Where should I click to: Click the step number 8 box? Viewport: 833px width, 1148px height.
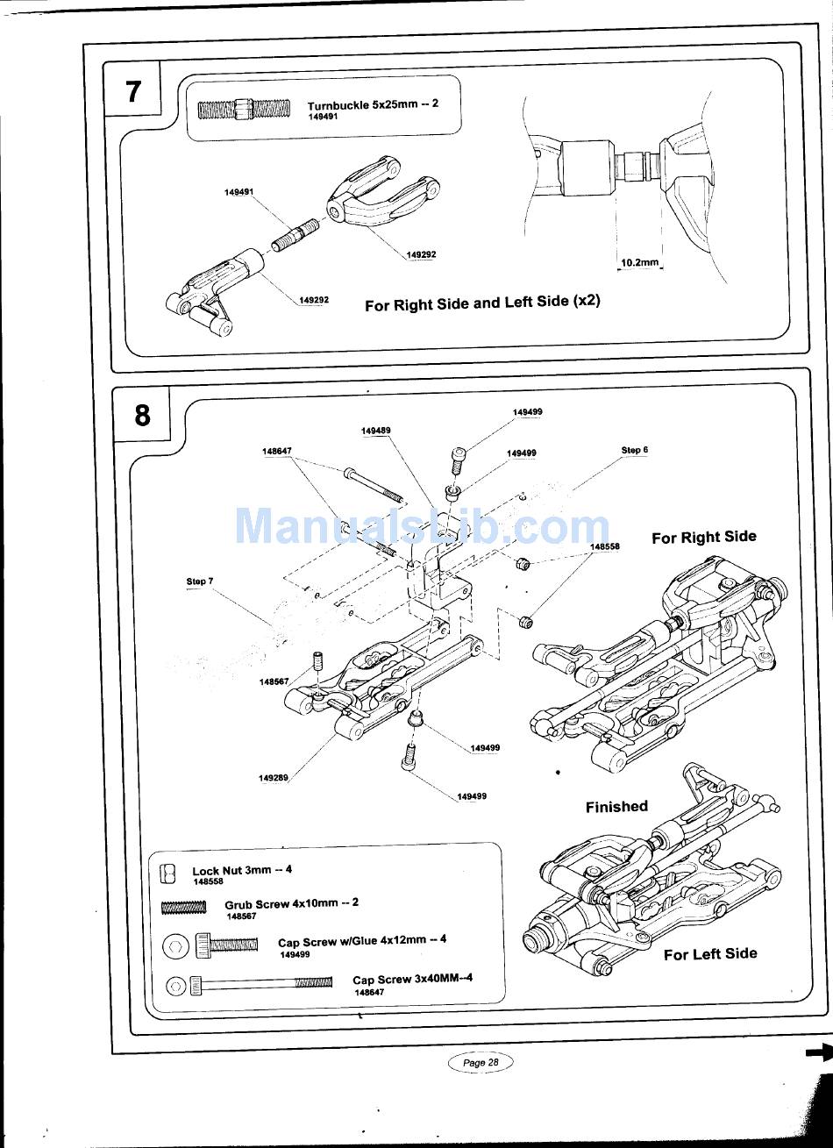click(x=142, y=415)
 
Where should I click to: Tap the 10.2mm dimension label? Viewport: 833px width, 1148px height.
click(x=639, y=263)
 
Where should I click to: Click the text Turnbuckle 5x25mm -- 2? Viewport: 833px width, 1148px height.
click(x=373, y=104)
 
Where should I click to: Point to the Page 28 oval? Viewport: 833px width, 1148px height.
click(x=480, y=1062)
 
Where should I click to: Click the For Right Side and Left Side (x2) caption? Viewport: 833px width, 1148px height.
click(x=482, y=303)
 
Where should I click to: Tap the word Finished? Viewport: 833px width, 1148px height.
click(x=616, y=807)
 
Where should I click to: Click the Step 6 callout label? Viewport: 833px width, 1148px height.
click(x=634, y=450)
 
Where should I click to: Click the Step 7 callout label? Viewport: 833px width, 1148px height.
click(x=200, y=581)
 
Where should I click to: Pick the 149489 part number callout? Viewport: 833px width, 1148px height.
click(x=375, y=431)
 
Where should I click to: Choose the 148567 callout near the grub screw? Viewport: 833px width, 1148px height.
click(x=274, y=681)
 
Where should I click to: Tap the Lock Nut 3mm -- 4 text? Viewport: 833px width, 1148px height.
click(x=242, y=870)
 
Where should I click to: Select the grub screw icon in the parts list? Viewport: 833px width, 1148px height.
click(x=184, y=908)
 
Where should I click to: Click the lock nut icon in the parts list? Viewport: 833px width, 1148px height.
click(x=168, y=873)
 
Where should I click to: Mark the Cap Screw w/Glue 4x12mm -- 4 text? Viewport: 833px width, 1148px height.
click(x=362, y=941)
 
